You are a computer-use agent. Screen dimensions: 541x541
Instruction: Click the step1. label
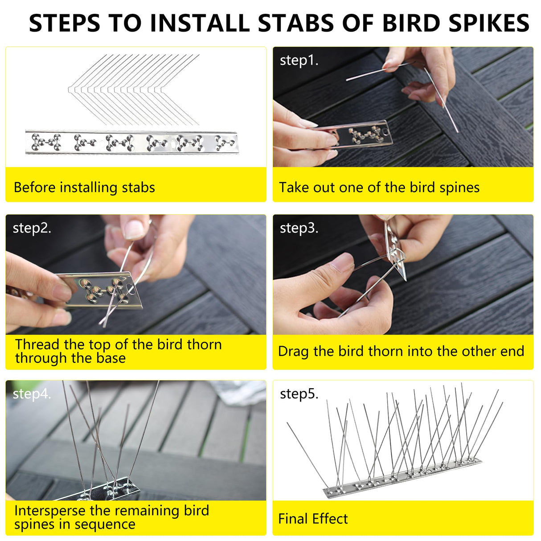point(299,60)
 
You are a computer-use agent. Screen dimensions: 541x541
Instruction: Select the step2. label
point(32,228)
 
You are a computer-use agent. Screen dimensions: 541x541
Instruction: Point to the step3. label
point(299,228)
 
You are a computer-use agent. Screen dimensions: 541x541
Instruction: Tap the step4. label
point(32,394)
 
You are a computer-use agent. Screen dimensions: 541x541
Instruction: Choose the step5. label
point(299,394)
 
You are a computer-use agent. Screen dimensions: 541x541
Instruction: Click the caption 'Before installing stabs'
point(84,187)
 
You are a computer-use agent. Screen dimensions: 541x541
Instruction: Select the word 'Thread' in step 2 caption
point(37,344)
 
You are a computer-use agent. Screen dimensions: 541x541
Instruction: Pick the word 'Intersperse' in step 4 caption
point(49,510)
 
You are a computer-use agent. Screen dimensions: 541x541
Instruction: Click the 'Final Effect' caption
point(313,519)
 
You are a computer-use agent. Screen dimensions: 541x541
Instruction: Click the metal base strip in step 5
point(401,479)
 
